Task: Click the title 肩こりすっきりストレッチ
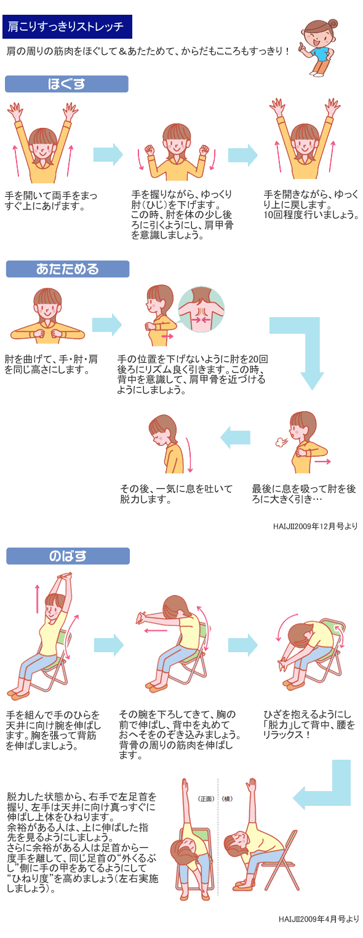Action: point(67,27)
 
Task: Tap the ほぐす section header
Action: point(66,84)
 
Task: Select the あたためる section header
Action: point(68,269)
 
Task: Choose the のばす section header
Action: point(68,556)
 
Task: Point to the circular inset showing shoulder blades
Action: point(201,309)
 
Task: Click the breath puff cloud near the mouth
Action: point(279,442)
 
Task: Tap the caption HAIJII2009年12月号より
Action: point(315,526)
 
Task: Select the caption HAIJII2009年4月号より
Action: point(319,931)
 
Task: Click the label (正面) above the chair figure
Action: point(206,798)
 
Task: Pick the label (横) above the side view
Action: point(227,798)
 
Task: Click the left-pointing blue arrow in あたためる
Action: point(235,438)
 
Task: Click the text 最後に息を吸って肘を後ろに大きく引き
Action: point(303,494)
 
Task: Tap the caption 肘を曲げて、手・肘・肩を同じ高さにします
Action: point(51,365)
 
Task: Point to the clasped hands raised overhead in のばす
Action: point(65,580)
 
